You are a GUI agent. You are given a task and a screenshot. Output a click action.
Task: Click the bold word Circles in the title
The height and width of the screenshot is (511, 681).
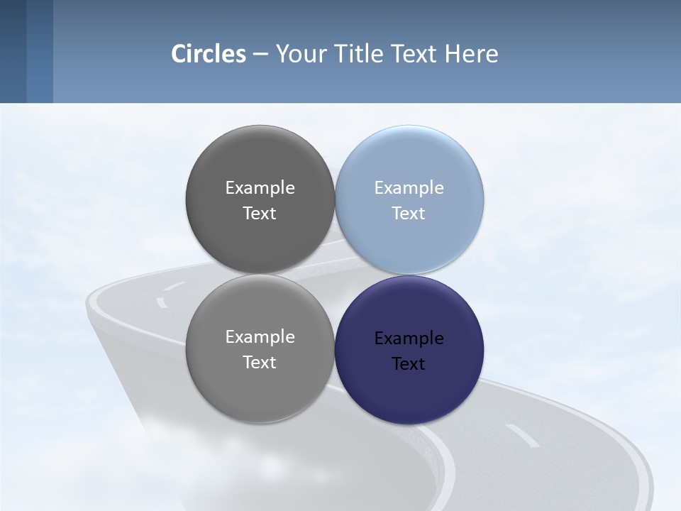(209, 53)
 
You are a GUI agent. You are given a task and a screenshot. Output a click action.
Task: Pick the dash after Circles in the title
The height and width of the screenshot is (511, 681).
(260, 54)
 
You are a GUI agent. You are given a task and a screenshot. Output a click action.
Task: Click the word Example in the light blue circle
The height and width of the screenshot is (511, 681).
(409, 188)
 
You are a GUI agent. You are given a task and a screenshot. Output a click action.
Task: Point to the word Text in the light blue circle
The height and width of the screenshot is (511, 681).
(409, 214)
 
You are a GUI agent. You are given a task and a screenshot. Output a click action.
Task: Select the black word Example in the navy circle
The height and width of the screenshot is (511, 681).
(409, 339)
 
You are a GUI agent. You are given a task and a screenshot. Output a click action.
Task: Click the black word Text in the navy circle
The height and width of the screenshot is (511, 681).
(409, 364)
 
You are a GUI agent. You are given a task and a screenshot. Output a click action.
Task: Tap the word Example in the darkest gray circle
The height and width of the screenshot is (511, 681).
(260, 188)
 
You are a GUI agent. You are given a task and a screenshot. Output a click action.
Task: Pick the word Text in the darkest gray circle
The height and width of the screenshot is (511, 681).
(260, 214)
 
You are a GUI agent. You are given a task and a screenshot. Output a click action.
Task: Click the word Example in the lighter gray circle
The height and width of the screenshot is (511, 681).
(260, 337)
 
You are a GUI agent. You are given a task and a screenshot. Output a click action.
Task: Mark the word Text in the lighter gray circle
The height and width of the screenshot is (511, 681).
(260, 363)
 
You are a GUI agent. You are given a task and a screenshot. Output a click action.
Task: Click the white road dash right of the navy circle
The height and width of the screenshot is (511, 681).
(522, 436)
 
